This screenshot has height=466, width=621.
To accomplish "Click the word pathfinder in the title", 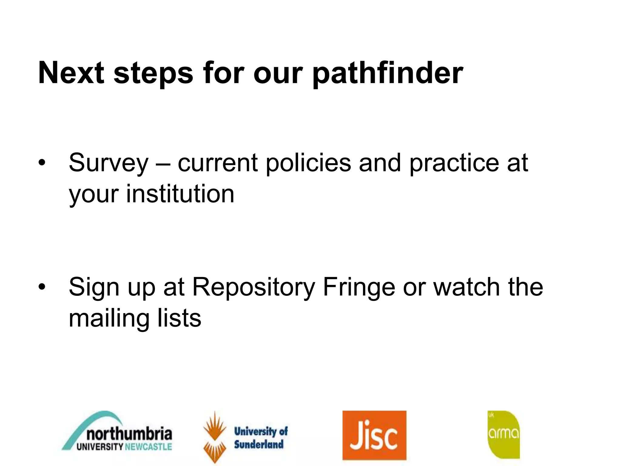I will (x=388, y=74).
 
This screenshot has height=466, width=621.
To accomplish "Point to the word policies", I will (x=308, y=163).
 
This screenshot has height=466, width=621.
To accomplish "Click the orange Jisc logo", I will (x=374, y=435).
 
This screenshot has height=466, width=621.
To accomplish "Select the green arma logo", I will (x=504, y=435).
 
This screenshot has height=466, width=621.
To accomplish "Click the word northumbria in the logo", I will (x=129, y=434).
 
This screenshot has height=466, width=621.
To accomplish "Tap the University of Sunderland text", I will (x=260, y=438).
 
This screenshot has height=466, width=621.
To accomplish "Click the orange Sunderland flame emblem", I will (x=215, y=437).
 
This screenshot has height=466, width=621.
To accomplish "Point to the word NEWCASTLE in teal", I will (x=148, y=447).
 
